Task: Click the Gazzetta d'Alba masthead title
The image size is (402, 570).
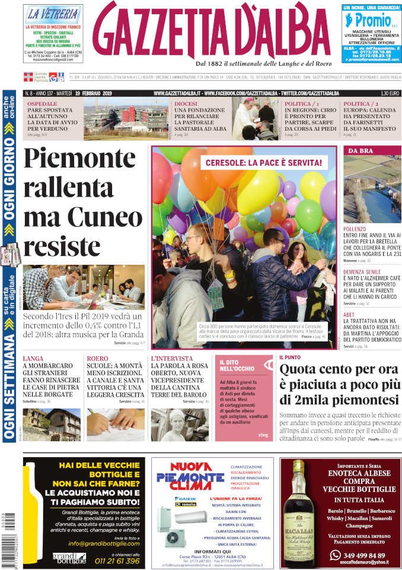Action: [212, 33]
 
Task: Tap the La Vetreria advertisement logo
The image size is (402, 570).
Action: [52, 14]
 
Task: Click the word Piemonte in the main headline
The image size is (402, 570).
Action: [80, 160]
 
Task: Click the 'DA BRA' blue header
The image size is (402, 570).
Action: [360, 150]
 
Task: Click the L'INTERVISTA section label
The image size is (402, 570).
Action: [172, 359]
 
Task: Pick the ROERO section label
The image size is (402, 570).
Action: [97, 359]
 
